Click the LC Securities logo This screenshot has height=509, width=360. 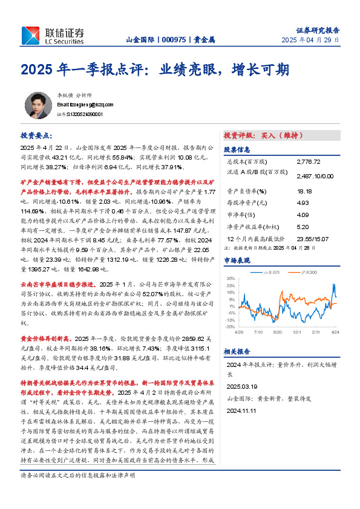click(x=53, y=36)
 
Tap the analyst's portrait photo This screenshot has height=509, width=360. click(x=38, y=106)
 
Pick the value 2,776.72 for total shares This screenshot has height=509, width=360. click(x=310, y=163)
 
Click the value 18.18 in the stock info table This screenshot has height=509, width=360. click(x=304, y=191)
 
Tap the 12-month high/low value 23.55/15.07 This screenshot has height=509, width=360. click(x=312, y=239)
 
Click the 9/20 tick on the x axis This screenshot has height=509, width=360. click(x=278, y=332)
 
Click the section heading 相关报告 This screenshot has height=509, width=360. click(x=237, y=351)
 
